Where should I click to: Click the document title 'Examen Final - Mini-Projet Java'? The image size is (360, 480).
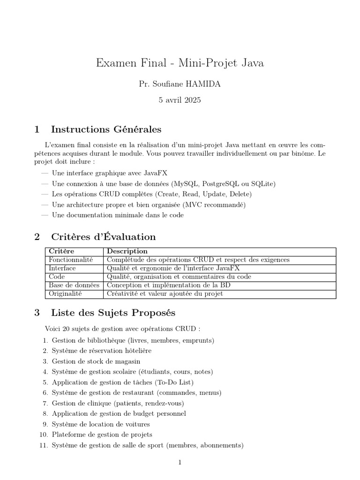(180, 63)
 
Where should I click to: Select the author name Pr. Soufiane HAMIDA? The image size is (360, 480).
(180, 84)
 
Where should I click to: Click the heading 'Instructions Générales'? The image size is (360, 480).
(106, 129)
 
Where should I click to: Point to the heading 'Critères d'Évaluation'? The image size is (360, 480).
(103, 237)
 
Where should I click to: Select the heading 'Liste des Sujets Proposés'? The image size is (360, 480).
(113, 313)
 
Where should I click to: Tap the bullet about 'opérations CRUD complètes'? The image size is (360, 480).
(152, 194)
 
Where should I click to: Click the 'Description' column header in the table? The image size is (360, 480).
(127, 251)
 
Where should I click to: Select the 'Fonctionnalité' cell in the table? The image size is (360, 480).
(71, 260)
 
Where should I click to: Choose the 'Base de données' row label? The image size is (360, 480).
(74, 285)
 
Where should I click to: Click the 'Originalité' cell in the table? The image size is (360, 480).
(65, 294)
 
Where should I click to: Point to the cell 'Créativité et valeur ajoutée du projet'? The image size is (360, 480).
(165, 294)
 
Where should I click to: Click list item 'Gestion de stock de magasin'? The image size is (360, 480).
(96, 361)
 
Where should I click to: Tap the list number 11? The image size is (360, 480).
(44, 445)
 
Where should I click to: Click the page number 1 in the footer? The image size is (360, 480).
(180, 462)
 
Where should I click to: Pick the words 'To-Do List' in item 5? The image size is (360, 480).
(173, 382)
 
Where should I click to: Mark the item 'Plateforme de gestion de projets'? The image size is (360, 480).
(102, 435)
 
